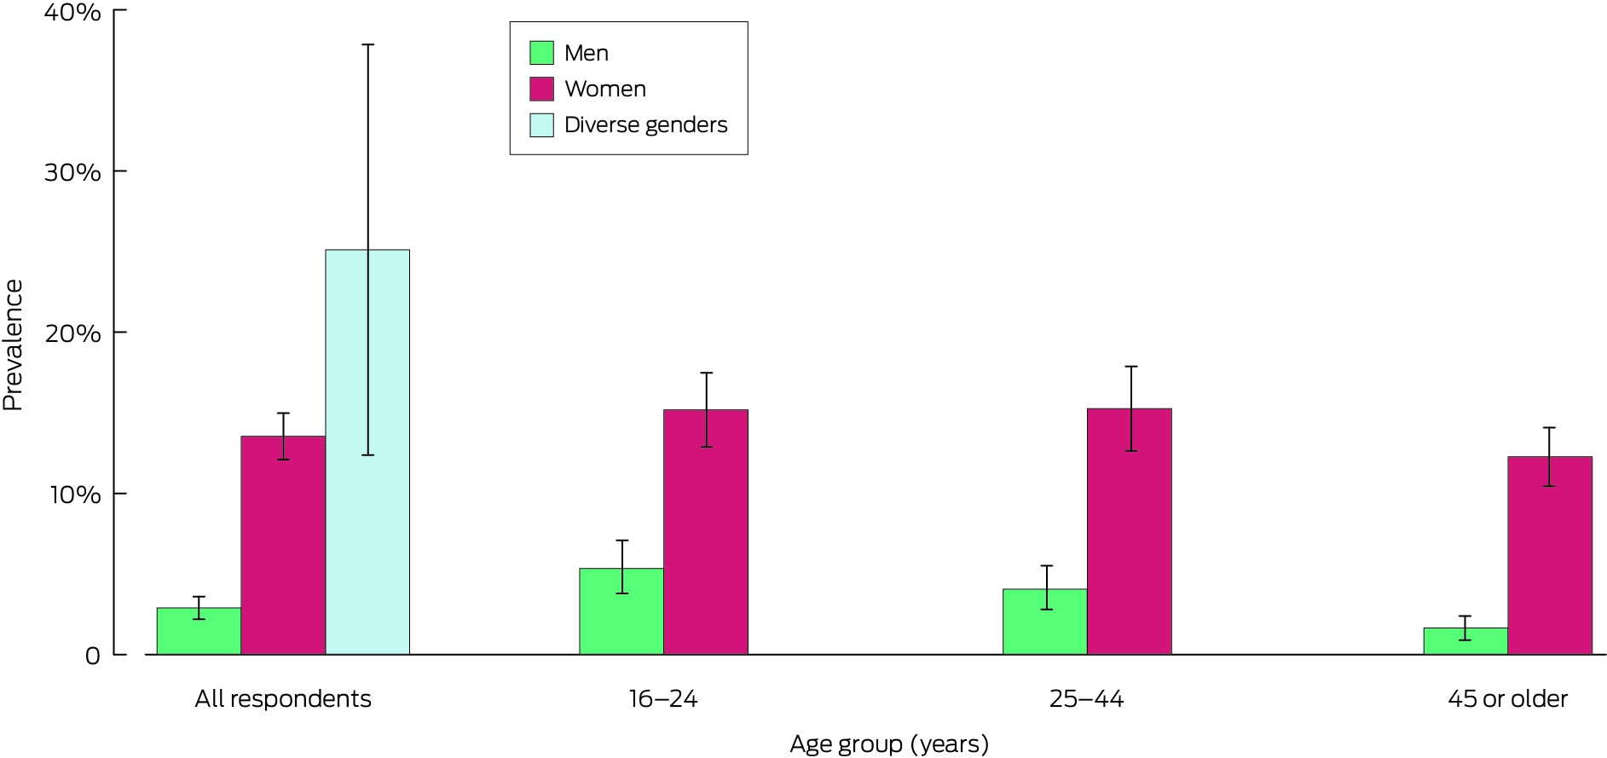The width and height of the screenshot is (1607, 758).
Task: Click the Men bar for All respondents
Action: point(199,631)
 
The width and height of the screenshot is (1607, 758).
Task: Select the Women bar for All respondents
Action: point(283,546)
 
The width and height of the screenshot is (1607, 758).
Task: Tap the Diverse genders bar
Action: point(367,452)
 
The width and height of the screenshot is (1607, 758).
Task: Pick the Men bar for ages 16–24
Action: point(621,611)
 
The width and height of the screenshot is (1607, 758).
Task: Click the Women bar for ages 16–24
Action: point(706,532)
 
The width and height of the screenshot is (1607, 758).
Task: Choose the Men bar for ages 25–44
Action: point(1045,622)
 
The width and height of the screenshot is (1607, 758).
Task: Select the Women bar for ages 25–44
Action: point(1130,532)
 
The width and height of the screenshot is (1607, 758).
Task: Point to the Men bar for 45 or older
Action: point(1465,641)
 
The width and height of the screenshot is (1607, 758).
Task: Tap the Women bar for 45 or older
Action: point(1550,556)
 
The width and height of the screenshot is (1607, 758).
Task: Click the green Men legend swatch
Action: point(541,53)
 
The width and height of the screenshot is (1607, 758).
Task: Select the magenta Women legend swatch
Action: point(541,89)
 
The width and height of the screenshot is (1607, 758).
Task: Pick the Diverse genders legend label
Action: point(646,124)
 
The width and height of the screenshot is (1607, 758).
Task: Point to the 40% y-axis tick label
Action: point(72,12)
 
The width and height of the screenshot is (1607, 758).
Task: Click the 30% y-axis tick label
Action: point(72,171)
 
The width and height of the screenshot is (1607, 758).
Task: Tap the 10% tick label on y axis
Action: point(74,494)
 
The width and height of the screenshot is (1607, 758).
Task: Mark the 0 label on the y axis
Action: point(93,656)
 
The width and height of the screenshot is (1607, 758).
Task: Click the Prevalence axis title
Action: point(13,345)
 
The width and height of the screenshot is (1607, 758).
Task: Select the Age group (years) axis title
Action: point(889,744)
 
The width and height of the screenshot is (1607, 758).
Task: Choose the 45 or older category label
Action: point(1507,699)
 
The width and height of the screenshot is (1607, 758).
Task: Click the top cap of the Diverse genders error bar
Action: point(367,44)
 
